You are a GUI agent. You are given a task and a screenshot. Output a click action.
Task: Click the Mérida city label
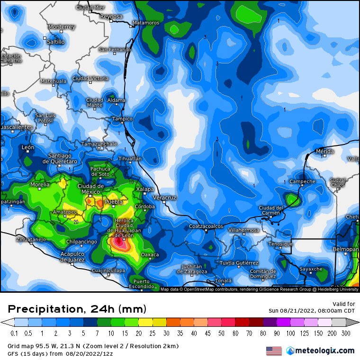[x=325, y=152]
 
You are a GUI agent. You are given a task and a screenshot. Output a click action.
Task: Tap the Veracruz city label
[x=165, y=197]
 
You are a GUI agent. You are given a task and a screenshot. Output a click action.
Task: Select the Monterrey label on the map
[x=62, y=27]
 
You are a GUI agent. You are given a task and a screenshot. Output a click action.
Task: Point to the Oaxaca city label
[x=151, y=255]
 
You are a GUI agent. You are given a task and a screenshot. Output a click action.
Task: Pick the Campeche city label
[x=302, y=181]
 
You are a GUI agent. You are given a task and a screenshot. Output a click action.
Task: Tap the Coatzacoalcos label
[x=206, y=226]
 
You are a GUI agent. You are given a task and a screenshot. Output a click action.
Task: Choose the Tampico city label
[x=122, y=119]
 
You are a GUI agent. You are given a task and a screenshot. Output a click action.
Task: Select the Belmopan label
[x=346, y=249]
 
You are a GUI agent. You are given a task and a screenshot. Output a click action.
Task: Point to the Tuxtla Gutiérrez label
[x=239, y=263]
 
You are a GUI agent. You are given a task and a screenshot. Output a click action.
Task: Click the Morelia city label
[x=40, y=184]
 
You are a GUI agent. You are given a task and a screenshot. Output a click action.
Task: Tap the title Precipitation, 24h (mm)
[x=77, y=309]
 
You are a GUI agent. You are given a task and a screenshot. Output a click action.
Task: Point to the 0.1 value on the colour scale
[x=14, y=333]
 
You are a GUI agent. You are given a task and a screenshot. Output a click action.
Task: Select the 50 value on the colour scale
[x=221, y=333]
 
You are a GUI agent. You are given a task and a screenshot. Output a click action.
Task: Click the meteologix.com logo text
[x=325, y=351]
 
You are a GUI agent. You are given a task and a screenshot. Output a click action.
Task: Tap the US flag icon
[x=274, y=351]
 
